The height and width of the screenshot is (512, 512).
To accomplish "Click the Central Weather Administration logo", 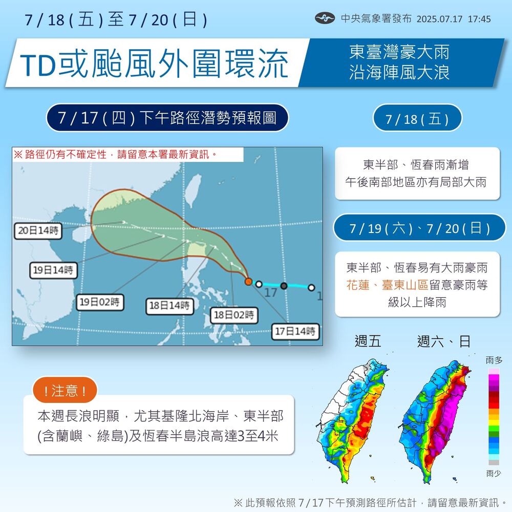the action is click(325, 19).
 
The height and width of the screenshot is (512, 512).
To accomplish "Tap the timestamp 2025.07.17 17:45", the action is click(454, 19).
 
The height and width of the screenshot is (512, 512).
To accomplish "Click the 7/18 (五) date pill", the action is click(417, 119).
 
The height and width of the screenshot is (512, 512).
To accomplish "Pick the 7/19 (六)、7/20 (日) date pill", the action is click(419, 228).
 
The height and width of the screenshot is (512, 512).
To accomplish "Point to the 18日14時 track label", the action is click(169, 306).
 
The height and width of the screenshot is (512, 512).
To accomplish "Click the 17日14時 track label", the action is click(296, 331).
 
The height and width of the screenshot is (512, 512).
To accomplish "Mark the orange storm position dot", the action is click(248, 282).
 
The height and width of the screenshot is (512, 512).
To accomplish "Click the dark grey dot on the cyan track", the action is click(284, 285).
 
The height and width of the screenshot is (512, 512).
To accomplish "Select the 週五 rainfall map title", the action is click(368, 341).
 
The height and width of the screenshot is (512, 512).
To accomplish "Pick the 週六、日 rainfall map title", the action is click(444, 341).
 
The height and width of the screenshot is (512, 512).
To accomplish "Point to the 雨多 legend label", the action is click(494, 361).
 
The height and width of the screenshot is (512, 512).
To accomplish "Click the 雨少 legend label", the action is click(494, 473).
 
